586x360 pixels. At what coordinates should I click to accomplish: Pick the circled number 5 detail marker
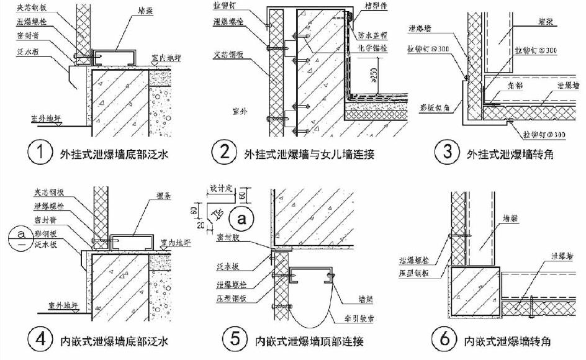(233, 340)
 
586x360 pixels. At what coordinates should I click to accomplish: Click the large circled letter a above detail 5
(240, 218)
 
